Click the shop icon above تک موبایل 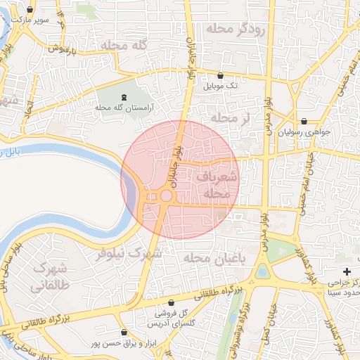(x=221, y=75)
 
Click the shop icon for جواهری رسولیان (x=304, y=121)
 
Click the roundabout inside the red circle (x=167, y=196)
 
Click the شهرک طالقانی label (x=48, y=277)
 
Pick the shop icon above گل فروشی (x=170, y=302)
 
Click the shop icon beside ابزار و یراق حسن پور (x=124, y=332)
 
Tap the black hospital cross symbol (x=346, y=271)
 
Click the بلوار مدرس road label (x=268, y=112)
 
